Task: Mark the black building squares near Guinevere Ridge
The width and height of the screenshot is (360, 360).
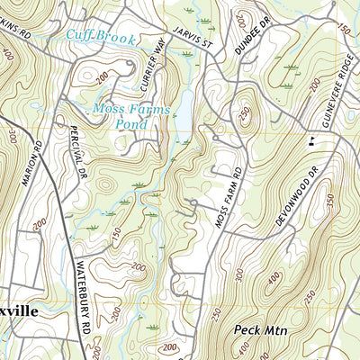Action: point(312,139)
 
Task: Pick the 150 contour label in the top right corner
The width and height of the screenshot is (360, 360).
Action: point(343,30)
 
